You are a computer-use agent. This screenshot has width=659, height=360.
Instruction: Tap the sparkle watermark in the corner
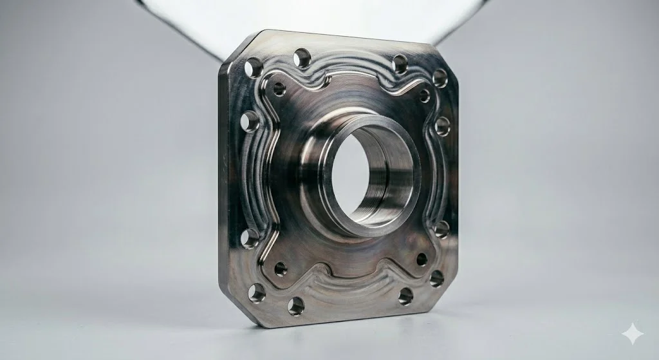(632, 334)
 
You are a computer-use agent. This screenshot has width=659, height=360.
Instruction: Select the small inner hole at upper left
(279, 89)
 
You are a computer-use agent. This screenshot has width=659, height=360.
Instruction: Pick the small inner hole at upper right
(425, 96)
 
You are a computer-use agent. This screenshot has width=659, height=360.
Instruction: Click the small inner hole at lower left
(281, 269)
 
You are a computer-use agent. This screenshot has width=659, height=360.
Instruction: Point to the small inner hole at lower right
(422, 259)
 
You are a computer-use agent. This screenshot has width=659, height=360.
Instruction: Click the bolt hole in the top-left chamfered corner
(253, 67)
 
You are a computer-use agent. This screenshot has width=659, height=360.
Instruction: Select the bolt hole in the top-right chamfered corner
(440, 78)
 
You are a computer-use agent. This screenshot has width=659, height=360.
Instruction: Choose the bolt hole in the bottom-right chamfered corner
(437, 278)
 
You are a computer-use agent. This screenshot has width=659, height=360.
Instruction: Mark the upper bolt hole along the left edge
(249, 120)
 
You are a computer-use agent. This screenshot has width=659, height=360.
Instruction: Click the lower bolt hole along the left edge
(250, 238)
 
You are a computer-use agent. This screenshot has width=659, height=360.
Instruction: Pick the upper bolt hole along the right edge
(443, 126)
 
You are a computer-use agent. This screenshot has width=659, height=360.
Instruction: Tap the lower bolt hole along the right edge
(441, 229)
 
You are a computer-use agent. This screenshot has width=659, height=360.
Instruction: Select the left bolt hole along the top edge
(302, 59)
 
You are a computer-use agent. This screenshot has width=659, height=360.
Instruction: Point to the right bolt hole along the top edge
(400, 64)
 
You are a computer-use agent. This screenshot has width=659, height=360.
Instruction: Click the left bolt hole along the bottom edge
(296, 306)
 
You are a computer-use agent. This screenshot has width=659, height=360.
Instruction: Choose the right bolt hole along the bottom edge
(405, 296)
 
